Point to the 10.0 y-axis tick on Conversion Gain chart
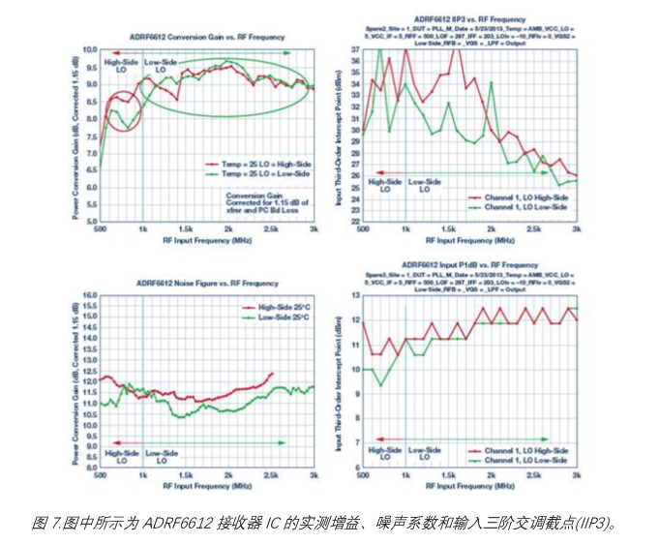tap(89, 48)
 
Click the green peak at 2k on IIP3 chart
tap(492, 83)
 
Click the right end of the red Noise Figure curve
tap(273, 373)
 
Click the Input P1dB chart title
tap(469, 264)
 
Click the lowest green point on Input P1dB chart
tap(380, 385)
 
